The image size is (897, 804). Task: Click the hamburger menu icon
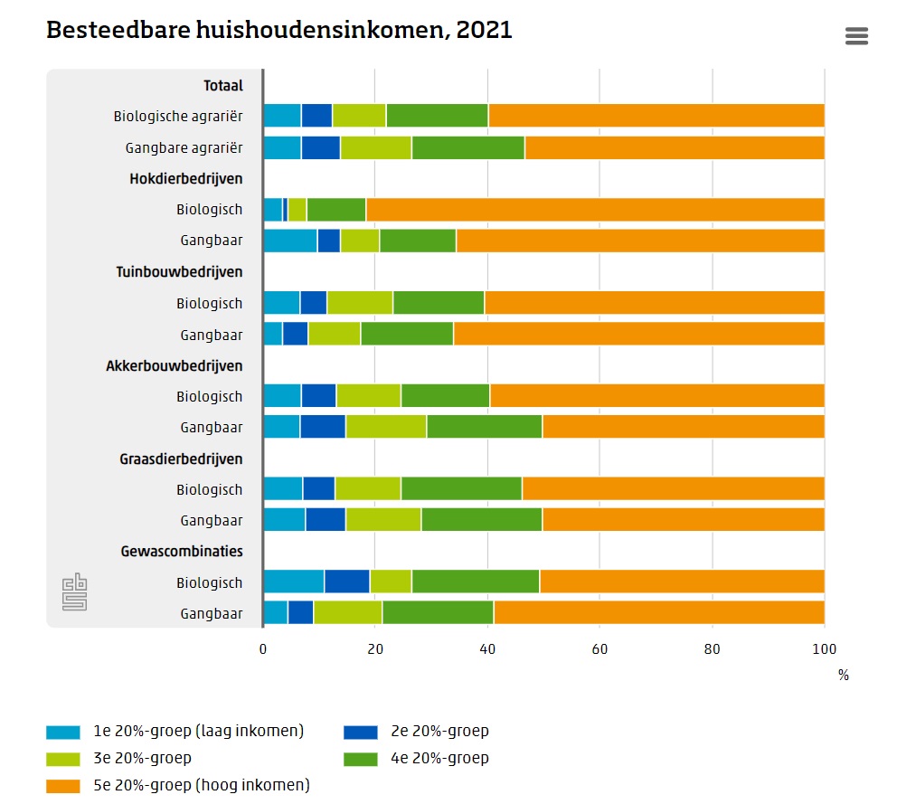tap(855, 36)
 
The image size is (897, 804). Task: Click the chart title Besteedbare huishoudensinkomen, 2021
tap(279, 30)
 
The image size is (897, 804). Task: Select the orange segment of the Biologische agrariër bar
tap(656, 116)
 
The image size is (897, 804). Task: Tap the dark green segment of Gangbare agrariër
tap(467, 147)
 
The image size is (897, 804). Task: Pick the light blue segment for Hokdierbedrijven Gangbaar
tap(289, 241)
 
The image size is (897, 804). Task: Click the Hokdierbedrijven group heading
tap(186, 179)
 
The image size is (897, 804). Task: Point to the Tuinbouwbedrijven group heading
tap(179, 272)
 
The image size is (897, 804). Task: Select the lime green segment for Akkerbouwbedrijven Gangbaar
tap(385, 427)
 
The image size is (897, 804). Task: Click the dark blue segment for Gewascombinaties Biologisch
tap(346, 582)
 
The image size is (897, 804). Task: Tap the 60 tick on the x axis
tap(600, 648)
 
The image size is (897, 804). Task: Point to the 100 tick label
tap(824, 648)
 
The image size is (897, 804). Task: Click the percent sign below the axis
tap(843, 675)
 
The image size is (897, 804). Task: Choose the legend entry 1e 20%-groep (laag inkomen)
tap(198, 732)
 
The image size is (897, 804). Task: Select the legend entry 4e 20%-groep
tap(439, 758)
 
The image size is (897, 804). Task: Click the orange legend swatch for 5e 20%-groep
tap(63, 785)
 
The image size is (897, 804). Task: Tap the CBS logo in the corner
tap(75, 593)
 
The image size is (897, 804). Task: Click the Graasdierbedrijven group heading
tap(181, 459)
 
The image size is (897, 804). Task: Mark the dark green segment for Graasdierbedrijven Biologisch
tap(461, 489)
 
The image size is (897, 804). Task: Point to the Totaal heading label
tap(223, 86)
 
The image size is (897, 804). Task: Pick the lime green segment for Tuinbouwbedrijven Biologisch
tap(359, 303)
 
